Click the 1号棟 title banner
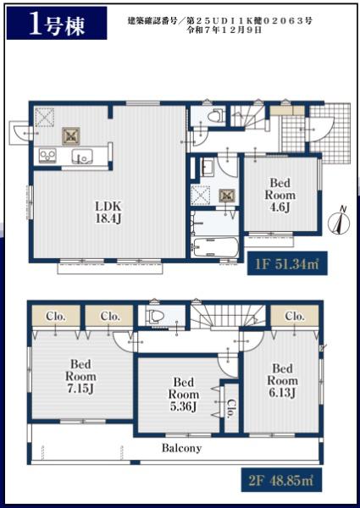57,23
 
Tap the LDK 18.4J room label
108,213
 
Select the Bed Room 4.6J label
280,195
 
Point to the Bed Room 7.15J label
80,376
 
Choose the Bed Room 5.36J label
184,395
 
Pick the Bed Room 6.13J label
282,380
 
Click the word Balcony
181,448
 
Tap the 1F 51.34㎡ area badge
287,264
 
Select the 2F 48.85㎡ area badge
281,480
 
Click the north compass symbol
339,221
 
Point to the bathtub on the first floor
215,247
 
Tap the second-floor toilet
154,316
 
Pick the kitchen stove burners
47,156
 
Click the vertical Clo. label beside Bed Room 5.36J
231,408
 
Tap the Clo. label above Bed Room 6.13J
295,316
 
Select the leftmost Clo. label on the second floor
56,316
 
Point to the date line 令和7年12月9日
224,30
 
